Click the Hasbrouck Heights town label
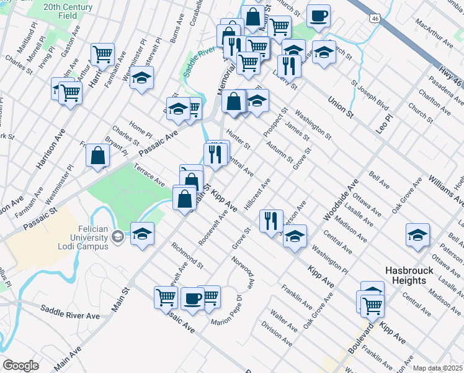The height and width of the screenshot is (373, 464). (x=406, y=275)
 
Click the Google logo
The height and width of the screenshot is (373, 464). (x=20, y=365)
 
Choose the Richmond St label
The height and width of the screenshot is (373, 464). (x=188, y=253)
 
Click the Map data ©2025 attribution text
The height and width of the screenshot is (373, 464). (x=437, y=368)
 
